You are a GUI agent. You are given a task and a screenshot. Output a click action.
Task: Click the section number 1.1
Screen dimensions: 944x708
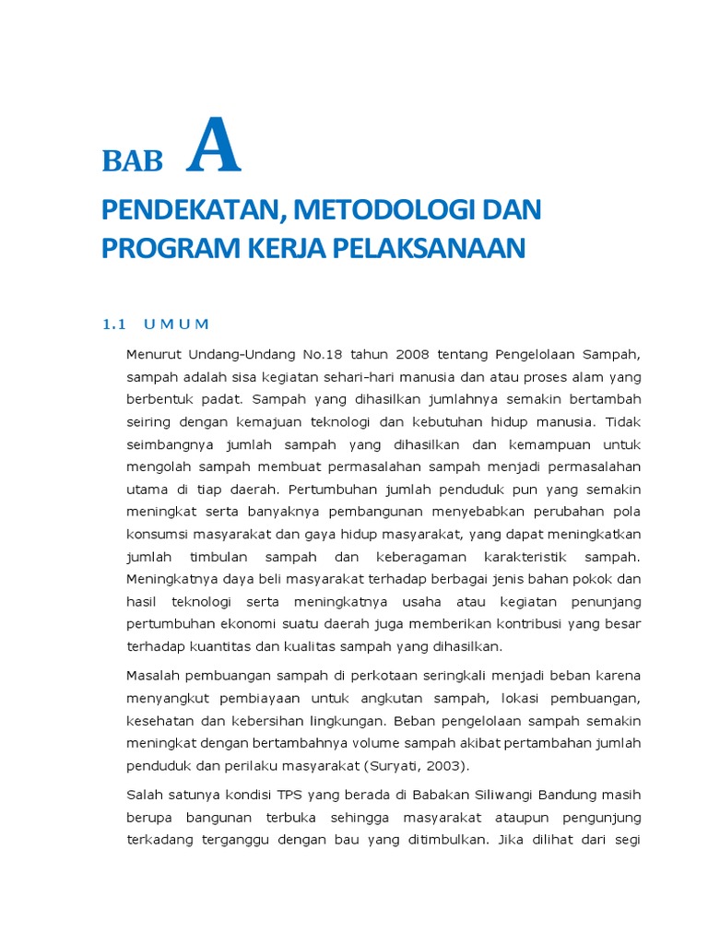(112, 324)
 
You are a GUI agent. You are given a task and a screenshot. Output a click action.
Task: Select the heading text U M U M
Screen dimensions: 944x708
(177, 324)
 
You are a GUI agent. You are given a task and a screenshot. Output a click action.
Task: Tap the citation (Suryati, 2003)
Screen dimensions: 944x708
(406, 764)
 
